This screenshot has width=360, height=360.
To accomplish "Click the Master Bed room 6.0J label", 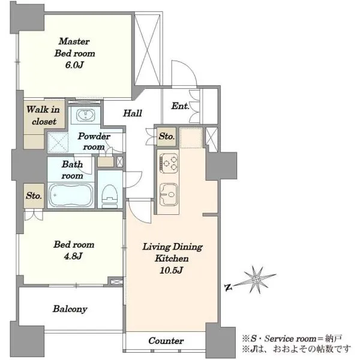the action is point(74,53).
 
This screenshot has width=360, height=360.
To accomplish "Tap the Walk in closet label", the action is point(43,115).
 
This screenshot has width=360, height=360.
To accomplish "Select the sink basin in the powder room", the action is point(85,115).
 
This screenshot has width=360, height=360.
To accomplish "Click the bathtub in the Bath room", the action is point(71,195).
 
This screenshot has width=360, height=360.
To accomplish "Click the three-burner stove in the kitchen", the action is point(169,163).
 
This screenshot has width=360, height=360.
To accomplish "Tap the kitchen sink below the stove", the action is point(169,194).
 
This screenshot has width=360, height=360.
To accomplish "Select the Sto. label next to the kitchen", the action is point(167,136).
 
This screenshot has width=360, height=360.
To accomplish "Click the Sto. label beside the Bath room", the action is point(34,196).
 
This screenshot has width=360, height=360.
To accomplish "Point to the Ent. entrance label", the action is point(180,106).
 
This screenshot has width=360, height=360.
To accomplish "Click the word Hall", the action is point(133,113).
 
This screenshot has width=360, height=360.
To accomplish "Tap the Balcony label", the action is point(70,309).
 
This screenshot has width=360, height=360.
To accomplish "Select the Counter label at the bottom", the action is point(166,341).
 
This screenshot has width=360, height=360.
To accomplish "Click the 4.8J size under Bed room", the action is point(73,256).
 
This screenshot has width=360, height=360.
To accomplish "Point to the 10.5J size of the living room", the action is point(171,270).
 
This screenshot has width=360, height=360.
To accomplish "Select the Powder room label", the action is point(94,141).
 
